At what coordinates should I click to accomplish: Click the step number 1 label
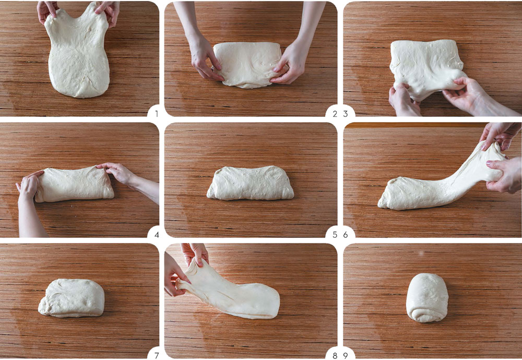click(157, 114)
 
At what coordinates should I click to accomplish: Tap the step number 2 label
click(335, 114)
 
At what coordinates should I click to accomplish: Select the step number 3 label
click(346, 114)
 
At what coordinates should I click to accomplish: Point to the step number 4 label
click(157, 235)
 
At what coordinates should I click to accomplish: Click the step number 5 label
click(335, 235)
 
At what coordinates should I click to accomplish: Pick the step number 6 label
click(346, 235)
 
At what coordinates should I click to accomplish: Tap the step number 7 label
click(157, 355)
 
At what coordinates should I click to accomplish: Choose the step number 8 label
click(335, 355)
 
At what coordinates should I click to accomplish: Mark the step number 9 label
click(346, 355)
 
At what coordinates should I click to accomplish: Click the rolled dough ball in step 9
click(427, 298)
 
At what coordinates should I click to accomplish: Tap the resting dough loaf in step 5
click(251, 183)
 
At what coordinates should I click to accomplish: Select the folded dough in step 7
click(72, 298)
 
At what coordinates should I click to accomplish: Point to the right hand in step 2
click(289, 63)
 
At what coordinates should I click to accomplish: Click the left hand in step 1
click(46, 11)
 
